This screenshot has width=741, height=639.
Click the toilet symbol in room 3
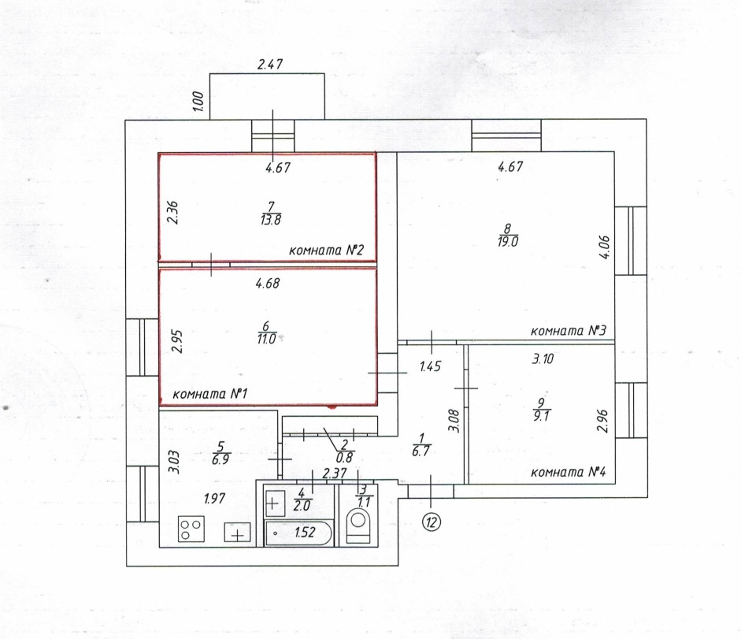click(x=358, y=524)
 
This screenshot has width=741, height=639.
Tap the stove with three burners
click(x=191, y=527)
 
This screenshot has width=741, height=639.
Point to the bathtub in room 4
click(x=298, y=533)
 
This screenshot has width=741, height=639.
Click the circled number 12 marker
click(x=432, y=522)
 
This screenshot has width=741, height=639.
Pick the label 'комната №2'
click(x=325, y=251)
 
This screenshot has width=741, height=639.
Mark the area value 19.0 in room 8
click(x=508, y=243)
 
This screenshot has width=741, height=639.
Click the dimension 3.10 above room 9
click(x=543, y=359)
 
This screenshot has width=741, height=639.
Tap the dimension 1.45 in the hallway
click(x=430, y=366)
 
